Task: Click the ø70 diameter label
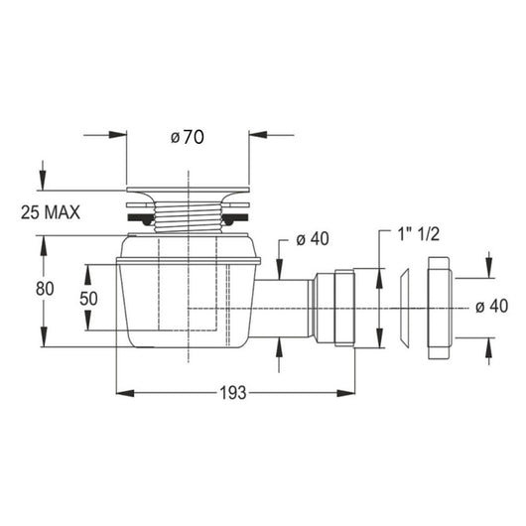click(x=188, y=137)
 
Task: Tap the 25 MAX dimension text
click(x=51, y=212)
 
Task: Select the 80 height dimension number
click(x=45, y=289)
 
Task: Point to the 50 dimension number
click(x=88, y=298)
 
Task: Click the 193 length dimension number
click(x=233, y=393)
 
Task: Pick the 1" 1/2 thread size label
click(x=418, y=233)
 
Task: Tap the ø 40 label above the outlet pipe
click(x=313, y=239)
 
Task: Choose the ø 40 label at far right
click(x=492, y=307)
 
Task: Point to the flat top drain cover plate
click(x=188, y=190)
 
